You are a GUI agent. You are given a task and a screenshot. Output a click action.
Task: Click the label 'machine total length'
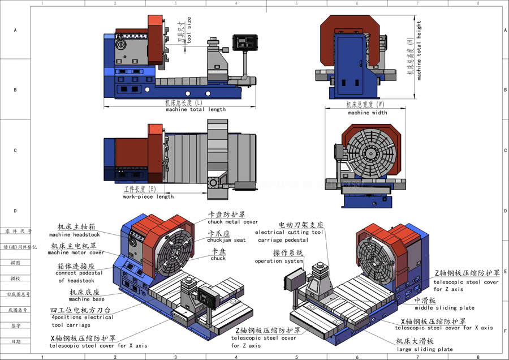tap(196, 109)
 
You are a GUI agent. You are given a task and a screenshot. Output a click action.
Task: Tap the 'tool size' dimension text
tap(189, 31)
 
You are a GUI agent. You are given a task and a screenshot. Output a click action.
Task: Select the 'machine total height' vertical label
tap(419, 51)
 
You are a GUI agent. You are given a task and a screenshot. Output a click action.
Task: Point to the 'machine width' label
tap(367, 113)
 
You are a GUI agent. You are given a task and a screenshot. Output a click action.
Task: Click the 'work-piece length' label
tap(148, 197)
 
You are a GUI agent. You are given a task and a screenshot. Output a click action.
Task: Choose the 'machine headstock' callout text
tap(74, 234)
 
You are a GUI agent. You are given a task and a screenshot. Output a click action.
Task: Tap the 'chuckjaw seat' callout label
tap(227, 240)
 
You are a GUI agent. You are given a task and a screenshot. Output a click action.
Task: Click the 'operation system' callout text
tap(279, 261)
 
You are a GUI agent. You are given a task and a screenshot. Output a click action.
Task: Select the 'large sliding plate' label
tap(425, 349)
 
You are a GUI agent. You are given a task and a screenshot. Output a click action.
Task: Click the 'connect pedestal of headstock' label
tap(76, 277)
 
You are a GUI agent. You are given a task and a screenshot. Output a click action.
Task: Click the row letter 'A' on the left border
tap(15, 29)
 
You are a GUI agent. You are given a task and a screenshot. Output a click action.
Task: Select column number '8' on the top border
tap(478, 3)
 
